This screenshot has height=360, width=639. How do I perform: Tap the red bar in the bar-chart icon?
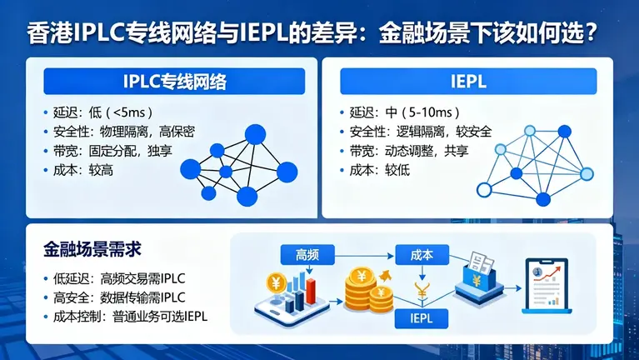click(311, 291)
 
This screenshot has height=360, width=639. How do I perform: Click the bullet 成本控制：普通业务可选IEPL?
click(128, 317)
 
